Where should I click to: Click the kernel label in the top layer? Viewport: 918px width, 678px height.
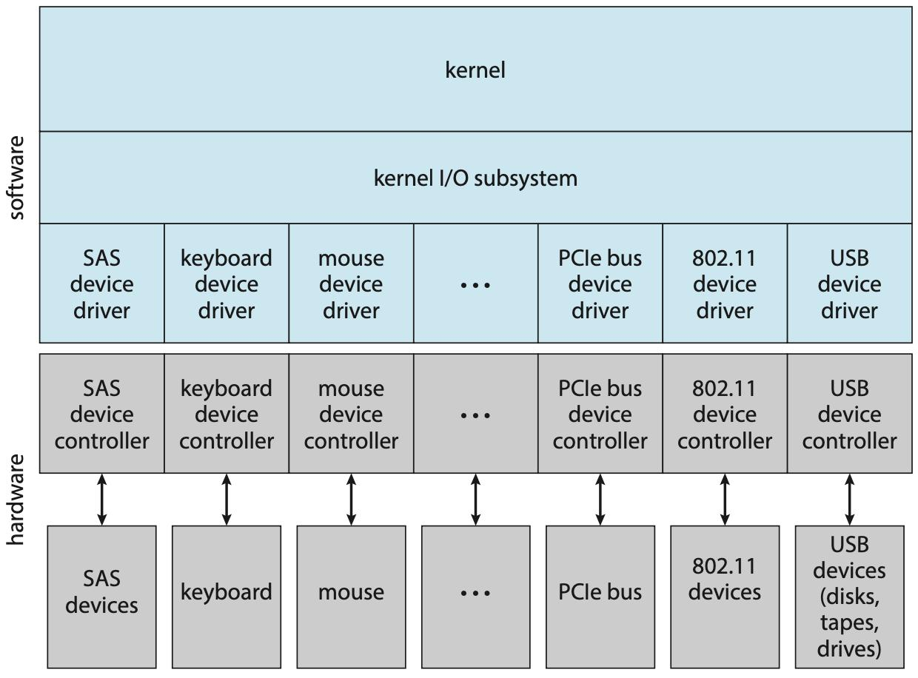point(475,70)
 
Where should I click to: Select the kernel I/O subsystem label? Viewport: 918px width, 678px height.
point(475,178)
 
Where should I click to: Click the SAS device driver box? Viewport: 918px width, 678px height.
point(101,283)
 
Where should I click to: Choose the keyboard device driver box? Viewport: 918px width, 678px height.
point(226,283)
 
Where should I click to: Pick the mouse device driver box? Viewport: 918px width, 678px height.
point(351,283)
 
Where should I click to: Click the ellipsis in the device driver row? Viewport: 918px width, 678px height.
point(475,285)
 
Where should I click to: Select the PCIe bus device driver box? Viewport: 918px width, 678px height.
point(600,283)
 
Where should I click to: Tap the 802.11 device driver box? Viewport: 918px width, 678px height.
point(724,283)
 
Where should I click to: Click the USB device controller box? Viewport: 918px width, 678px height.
point(849,414)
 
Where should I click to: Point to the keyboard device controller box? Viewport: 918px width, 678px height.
point(226,414)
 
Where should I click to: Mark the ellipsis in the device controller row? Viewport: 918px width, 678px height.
point(475,415)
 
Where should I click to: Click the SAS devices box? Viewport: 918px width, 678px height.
point(101,592)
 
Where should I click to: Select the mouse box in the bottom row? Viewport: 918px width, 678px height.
point(351,592)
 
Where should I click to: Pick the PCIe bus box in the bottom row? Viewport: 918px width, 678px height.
point(600,592)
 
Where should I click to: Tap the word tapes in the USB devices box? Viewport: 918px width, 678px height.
point(849,622)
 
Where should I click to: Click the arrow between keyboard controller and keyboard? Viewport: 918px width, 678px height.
point(227,500)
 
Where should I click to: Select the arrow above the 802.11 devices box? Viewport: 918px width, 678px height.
point(725,500)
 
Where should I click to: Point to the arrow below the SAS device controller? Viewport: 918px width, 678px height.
point(102,500)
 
